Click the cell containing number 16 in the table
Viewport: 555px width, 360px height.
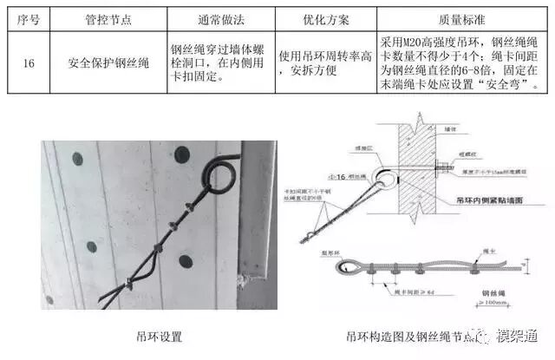click(x=29, y=62)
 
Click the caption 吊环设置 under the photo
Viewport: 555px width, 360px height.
click(x=160, y=337)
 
